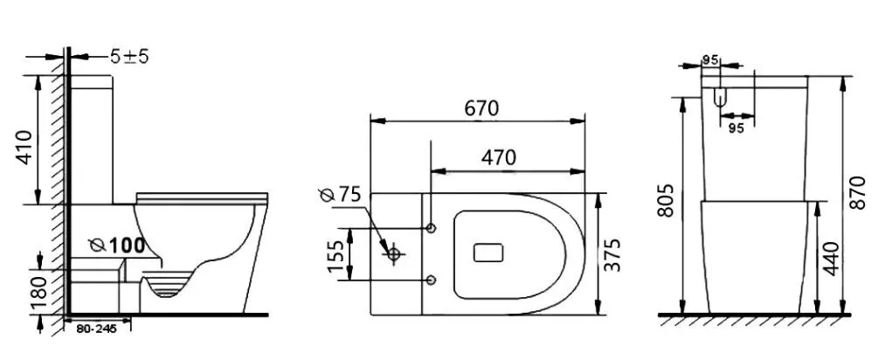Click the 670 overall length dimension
click(481, 107)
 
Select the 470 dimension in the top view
click(498, 158)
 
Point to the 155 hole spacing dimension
click(336, 256)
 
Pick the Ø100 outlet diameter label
click(117, 245)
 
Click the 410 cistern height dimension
click(24, 148)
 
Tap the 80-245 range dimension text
click(96, 329)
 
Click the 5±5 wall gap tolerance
click(129, 57)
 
